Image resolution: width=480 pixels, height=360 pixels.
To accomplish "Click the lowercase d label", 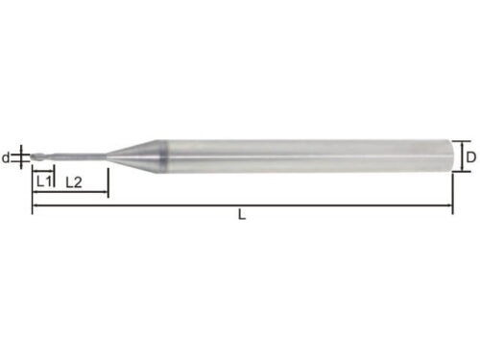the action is pyautogui.click(x=6, y=157).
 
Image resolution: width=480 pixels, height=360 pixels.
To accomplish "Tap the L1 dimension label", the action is pyautogui.click(x=44, y=181).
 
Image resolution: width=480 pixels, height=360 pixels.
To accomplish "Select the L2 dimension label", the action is pyautogui.click(x=74, y=182).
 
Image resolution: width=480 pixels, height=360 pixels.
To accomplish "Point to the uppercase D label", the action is pyautogui.click(x=470, y=157).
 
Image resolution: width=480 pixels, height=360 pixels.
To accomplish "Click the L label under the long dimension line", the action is pyautogui.click(x=242, y=214).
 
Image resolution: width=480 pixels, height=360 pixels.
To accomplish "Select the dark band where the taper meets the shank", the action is pyautogui.click(x=162, y=156).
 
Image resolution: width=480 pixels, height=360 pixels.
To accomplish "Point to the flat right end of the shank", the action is pyautogui.click(x=449, y=156).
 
